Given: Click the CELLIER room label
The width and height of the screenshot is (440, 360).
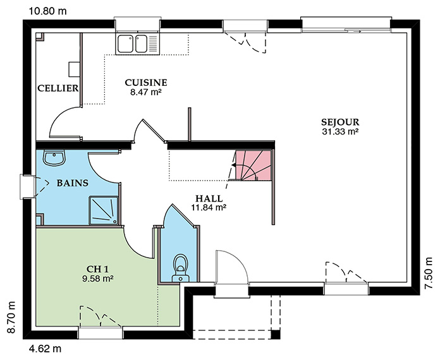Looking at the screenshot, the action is click(58, 88).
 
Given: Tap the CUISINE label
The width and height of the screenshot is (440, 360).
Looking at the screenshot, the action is click(146, 83).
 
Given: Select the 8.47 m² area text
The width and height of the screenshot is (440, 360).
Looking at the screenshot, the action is click(145, 92).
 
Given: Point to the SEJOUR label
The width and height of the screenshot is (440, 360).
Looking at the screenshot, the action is click(340, 123).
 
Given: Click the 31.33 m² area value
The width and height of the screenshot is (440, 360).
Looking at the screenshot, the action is click(340, 131).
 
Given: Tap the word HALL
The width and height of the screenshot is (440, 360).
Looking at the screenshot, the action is click(209, 198).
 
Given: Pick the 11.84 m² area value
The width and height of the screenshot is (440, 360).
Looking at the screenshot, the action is click(209, 208).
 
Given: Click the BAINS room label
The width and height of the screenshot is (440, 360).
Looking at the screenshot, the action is click(73, 183).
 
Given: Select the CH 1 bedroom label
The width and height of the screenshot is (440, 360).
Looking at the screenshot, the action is click(97, 269).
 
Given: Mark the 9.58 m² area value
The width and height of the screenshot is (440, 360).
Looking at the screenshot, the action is click(97, 279).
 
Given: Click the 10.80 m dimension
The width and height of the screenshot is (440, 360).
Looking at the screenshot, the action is click(47, 11).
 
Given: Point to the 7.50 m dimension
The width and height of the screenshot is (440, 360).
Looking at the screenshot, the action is click(429, 273).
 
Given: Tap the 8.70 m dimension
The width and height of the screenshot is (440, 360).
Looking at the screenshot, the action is click(11, 317).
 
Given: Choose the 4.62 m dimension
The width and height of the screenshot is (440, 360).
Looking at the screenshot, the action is click(45, 349).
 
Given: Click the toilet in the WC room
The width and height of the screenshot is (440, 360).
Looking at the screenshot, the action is click(181, 268).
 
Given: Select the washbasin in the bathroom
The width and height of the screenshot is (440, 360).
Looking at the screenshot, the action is click(54, 158).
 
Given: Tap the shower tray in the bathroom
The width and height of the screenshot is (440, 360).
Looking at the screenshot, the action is click(104, 210).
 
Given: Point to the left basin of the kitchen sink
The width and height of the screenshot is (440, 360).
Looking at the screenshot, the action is click(125, 44).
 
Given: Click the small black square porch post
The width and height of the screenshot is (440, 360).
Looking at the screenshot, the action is click(276, 335).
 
